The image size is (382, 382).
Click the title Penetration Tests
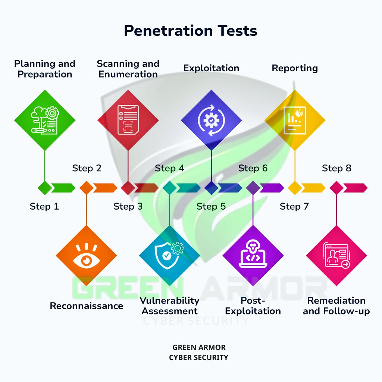[191, 31]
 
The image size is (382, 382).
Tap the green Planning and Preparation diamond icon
[45, 120]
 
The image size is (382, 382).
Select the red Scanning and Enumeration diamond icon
[128, 120]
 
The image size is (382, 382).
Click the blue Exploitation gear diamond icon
[212, 120]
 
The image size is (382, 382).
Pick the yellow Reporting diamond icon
[295, 120]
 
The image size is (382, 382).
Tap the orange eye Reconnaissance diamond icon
[86, 256]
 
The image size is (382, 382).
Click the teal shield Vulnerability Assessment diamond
[169, 256]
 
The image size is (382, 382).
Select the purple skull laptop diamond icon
[253, 256]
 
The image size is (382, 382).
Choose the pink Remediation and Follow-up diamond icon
[336, 256]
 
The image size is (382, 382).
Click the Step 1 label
[44, 206]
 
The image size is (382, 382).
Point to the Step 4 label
[169, 168]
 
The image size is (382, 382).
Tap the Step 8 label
[336, 168]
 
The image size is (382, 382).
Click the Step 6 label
[253, 168]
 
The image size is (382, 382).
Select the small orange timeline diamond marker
[86, 188]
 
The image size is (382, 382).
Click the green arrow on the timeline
[63, 188]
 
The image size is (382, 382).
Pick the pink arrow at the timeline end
[355, 188]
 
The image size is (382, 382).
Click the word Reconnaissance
[86, 306]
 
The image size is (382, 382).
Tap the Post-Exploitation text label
[253, 306]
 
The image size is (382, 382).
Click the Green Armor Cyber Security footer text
[198, 352]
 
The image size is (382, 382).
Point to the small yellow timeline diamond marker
[295, 188]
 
